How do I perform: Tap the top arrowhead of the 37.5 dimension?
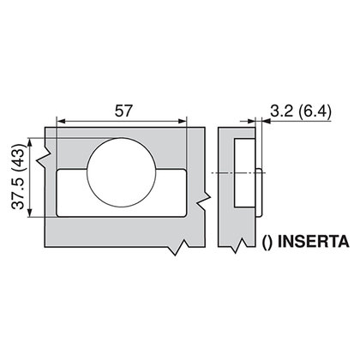point(33,143)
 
